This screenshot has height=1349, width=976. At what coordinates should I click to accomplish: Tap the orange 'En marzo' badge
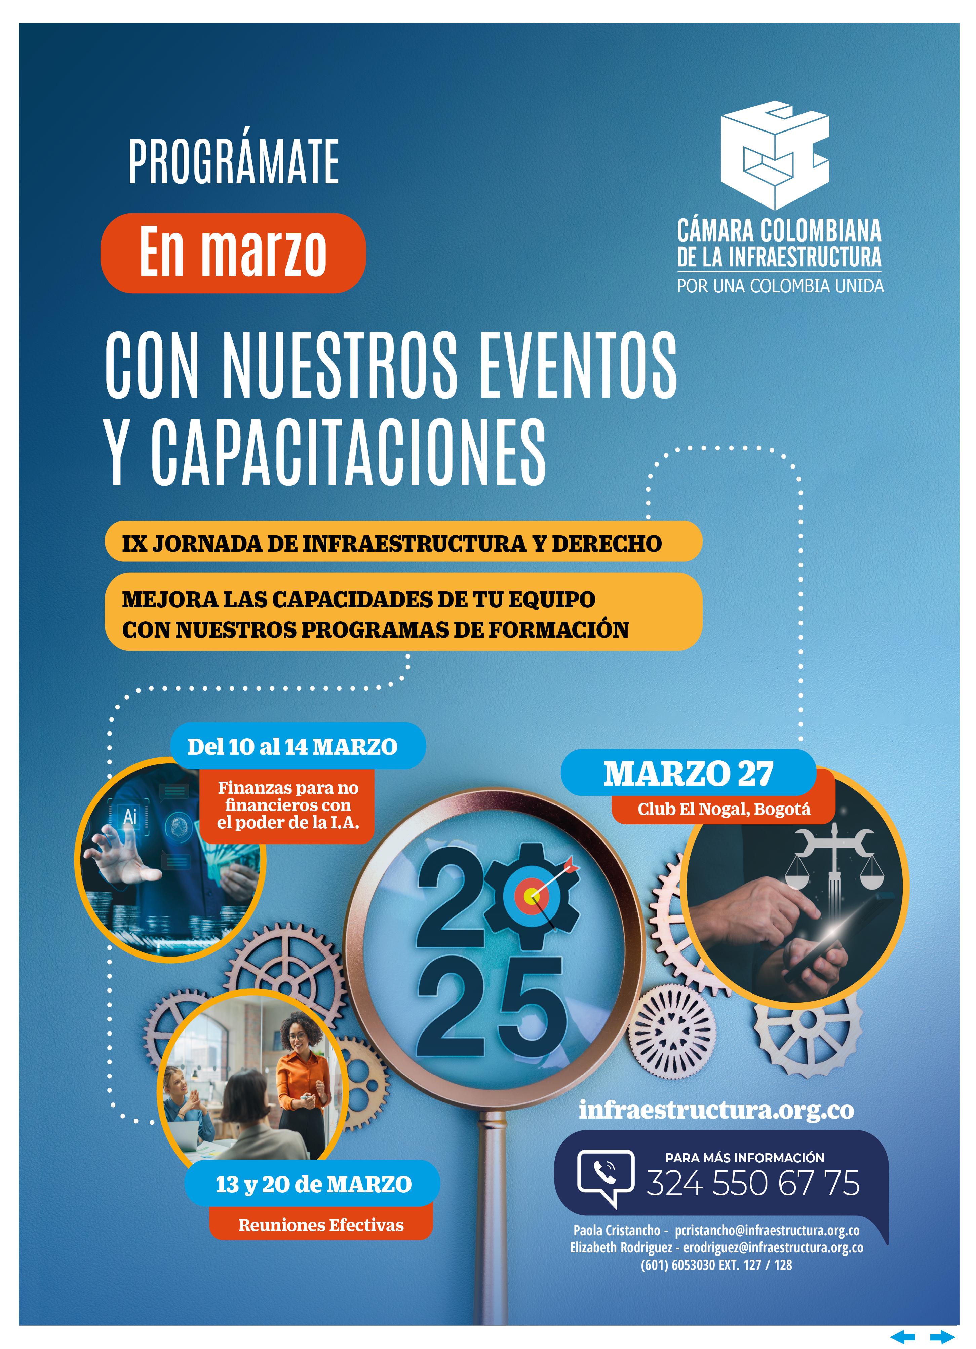pyautogui.click(x=233, y=253)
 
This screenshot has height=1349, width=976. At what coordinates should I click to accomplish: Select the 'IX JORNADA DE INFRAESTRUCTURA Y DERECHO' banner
pyautogui.click(x=403, y=542)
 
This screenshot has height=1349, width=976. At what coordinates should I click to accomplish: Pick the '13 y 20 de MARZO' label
pyautogui.click(x=313, y=1184)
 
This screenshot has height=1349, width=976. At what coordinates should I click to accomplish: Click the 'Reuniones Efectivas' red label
pyautogui.click(x=321, y=1225)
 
